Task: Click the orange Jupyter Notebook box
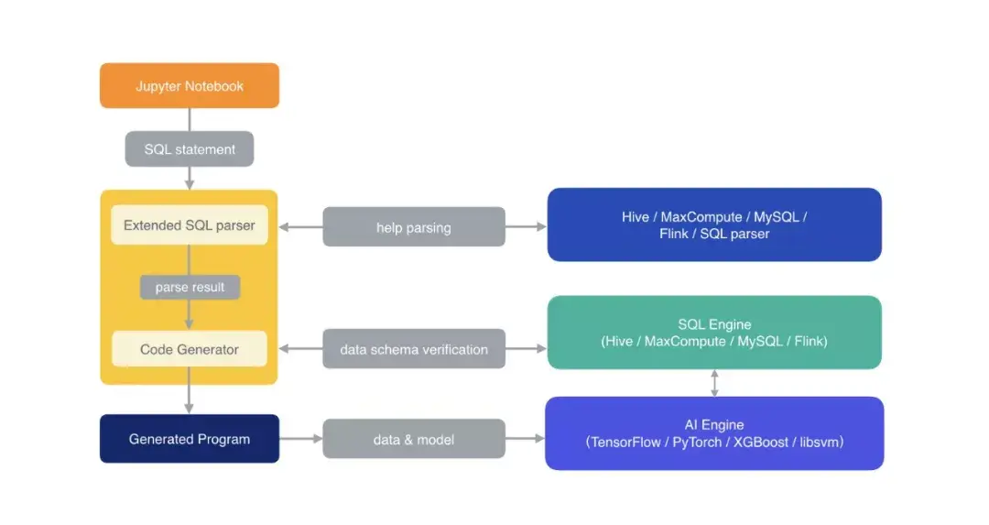(x=190, y=86)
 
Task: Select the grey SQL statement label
(x=190, y=149)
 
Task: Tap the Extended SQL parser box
(x=190, y=225)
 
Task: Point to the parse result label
(x=190, y=288)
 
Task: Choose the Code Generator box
(x=190, y=349)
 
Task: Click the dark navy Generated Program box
(x=190, y=439)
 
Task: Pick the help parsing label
(x=413, y=227)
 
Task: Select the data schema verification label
(x=413, y=349)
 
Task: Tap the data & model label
(x=413, y=440)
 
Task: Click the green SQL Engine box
(x=714, y=333)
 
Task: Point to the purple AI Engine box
(x=714, y=432)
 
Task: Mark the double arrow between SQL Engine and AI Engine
(x=714, y=383)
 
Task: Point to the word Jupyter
(x=158, y=86)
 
